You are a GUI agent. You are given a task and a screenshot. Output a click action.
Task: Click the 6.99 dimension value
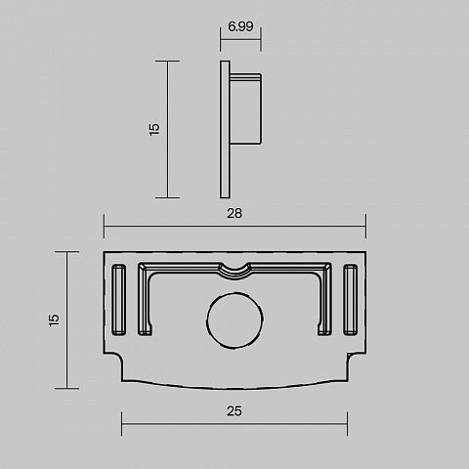click(240, 26)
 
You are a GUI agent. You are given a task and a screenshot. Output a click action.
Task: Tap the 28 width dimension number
click(234, 213)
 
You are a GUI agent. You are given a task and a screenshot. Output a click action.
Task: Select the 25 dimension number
click(234, 411)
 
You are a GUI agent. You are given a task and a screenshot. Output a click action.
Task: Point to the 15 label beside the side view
click(154, 129)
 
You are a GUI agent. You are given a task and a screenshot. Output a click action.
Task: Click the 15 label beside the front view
click(54, 320)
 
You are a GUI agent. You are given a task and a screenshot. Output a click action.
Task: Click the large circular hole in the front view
click(234, 320)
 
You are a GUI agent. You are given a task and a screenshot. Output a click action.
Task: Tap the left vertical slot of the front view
click(119, 300)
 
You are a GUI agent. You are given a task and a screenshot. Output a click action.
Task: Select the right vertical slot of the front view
click(351, 300)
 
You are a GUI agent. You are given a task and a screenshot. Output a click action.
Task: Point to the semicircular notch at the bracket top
click(234, 271)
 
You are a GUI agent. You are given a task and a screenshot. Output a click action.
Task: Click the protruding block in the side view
click(245, 108)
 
